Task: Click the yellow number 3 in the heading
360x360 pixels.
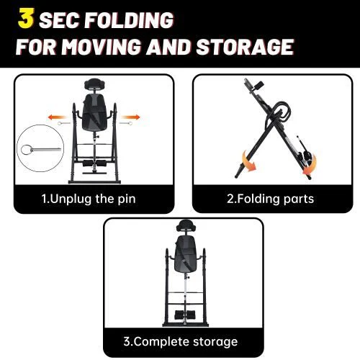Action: [x=26, y=18]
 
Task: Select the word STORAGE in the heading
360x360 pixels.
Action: [x=245, y=46]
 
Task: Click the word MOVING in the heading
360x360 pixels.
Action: [x=101, y=46]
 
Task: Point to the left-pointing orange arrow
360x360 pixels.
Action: [x=57, y=117]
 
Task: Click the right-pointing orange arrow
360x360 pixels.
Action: [x=130, y=117]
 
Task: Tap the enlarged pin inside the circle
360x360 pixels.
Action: [x=41, y=150]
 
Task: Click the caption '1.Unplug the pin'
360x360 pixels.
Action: [x=89, y=199]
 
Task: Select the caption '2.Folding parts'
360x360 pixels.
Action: [x=271, y=199]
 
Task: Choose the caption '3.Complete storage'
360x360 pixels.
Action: [x=181, y=341]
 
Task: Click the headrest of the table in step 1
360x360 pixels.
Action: [x=94, y=84]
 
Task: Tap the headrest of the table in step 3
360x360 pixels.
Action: [x=186, y=225]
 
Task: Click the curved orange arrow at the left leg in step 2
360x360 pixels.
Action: [x=248, y=161]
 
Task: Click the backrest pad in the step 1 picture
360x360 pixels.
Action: [x=94, y=112]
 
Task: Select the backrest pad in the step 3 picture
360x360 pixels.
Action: [x=186, y=254]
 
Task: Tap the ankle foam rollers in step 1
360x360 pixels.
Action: [x=94, y=163]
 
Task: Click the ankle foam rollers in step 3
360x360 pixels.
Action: [x=185, y=315]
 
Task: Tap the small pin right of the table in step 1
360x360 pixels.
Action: [x=126, y=123]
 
